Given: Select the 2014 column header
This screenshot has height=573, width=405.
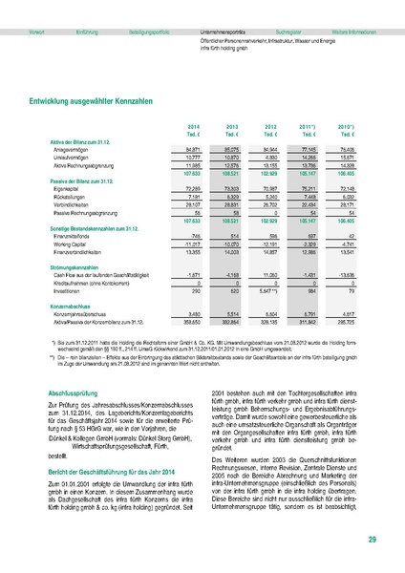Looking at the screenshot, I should pyautogui.click(x=193, y=126).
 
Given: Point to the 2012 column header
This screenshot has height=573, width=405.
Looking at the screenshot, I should pyautogui.click(x=271, y=126).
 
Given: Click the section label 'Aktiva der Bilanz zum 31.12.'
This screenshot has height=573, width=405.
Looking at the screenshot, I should pyautogui.click(x=78, y=141).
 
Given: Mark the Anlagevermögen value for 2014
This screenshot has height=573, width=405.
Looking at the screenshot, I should pyautogui.click(x=192, y=149).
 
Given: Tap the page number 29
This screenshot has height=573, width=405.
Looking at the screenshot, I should pyautogui.click(x=371, y=541).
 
